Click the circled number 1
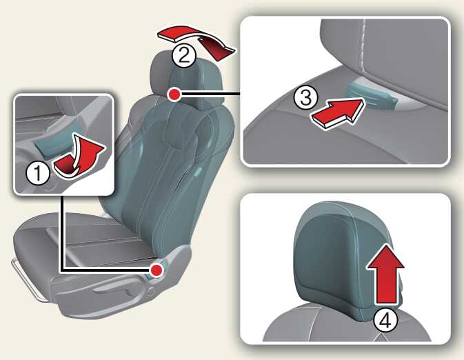[38, 173]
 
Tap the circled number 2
[184, 55]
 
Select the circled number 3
[305, 97]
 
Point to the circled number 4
[385, 321]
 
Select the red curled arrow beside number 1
[80, 157]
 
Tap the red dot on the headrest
[174, 94]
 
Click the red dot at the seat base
[157, 270]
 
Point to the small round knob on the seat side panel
[151, 291]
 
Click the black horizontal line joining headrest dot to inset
[210, 94]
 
